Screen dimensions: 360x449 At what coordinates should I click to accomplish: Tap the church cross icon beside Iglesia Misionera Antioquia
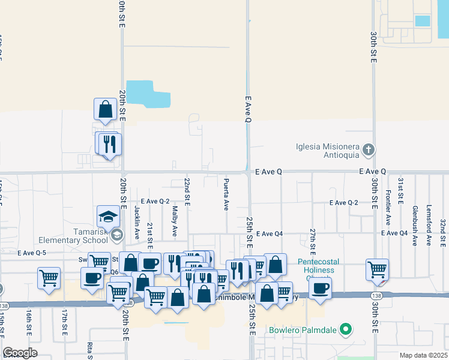tap(369, 149)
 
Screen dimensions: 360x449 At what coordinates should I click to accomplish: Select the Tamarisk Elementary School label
tap(73, 236)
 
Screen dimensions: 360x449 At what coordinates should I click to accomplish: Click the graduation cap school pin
tap(109, 217)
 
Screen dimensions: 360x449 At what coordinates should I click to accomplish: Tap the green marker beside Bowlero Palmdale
tap(345, 329)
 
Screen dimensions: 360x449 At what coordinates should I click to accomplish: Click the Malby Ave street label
tap(175, 221)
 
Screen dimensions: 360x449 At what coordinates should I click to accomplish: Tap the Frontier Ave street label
tap(388, 203)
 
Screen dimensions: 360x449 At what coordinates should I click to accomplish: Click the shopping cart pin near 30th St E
tap(377, 269)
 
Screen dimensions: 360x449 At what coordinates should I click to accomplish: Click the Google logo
tap(20, 353)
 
